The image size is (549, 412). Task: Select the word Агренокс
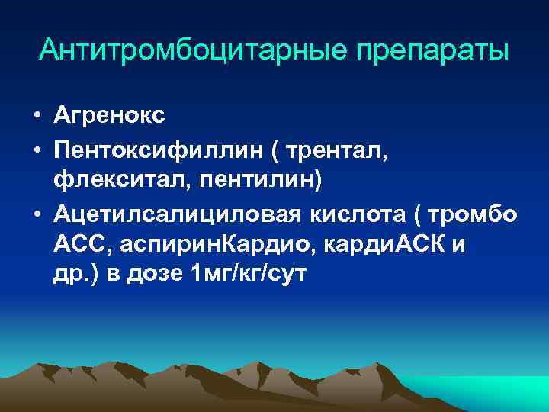pos(109,116)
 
